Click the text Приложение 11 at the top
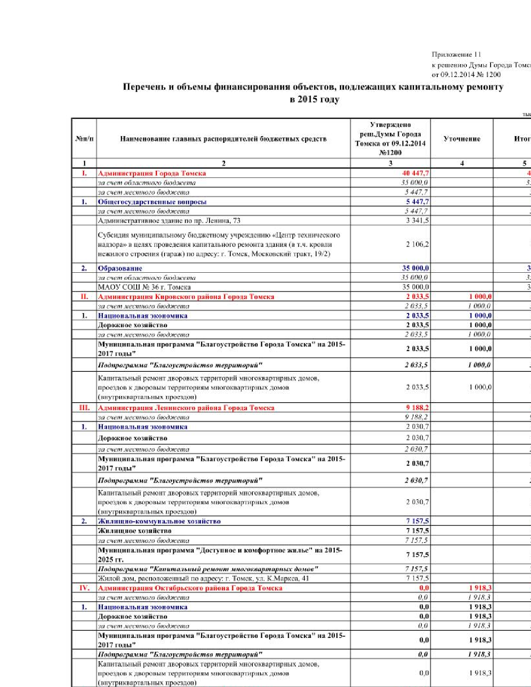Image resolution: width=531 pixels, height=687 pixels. click(456, 55)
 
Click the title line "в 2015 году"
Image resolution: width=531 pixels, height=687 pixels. click(314, 100)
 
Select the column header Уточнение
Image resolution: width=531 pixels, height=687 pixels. click(462, 139)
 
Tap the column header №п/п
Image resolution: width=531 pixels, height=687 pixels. click(84, 139)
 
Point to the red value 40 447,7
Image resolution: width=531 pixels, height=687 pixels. click(415, 173)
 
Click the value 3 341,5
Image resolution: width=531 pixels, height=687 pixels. click(417, 221)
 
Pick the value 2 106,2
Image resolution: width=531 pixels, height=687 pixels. click(417, 244)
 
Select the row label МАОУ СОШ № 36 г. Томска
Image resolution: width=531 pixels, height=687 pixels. click(144, 287)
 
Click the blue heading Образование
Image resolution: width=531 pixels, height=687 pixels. click(120, 268)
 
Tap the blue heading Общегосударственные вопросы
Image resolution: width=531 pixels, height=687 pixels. click(152, 202)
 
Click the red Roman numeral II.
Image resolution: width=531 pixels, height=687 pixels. click(84, 296)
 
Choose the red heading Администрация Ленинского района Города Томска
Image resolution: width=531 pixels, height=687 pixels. click(186, 408)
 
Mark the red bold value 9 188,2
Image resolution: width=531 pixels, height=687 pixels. click(417, 408)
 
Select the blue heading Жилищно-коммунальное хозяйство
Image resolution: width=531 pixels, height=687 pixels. click(159, 521)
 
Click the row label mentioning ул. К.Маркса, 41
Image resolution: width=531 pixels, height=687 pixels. click(203, 578)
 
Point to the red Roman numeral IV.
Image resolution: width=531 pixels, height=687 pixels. click(84, 588)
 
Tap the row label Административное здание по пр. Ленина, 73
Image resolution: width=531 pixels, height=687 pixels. click(169, 221)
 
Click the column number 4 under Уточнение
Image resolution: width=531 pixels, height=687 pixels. click(462, 163)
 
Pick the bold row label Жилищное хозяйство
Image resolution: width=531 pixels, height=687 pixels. click(135, 531)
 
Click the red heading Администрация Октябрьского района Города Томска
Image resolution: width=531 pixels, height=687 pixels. click(190, 588)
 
